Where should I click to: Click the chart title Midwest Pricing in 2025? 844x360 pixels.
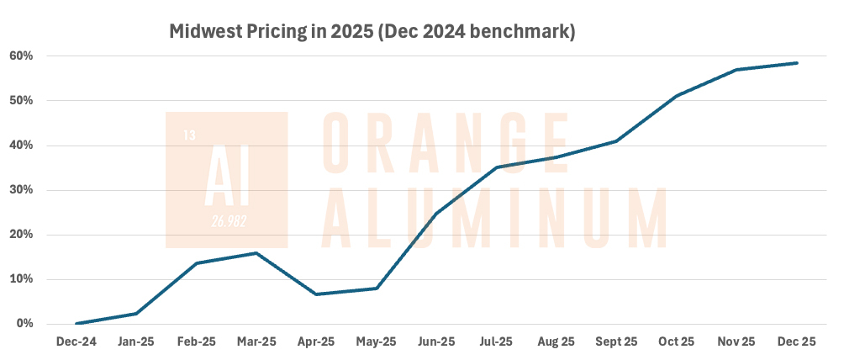372,33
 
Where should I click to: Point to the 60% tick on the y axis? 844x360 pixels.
23,56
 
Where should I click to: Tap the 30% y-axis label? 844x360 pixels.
23,190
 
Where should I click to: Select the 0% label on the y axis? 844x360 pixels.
26,324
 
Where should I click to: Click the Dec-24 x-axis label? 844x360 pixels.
76,342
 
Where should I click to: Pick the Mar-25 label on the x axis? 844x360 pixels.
256,342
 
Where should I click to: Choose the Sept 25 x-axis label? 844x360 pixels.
616,342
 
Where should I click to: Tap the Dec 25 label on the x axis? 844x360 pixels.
796,342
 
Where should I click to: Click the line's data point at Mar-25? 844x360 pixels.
256,253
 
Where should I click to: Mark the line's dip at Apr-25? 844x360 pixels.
316,294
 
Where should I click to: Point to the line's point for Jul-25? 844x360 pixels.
496,167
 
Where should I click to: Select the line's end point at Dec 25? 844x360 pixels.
796,63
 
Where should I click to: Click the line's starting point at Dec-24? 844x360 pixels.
76,324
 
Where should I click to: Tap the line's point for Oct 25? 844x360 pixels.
677,96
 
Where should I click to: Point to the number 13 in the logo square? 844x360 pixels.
189,135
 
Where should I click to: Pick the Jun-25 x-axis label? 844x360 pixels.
436,342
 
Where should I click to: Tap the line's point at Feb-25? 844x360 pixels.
197,263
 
